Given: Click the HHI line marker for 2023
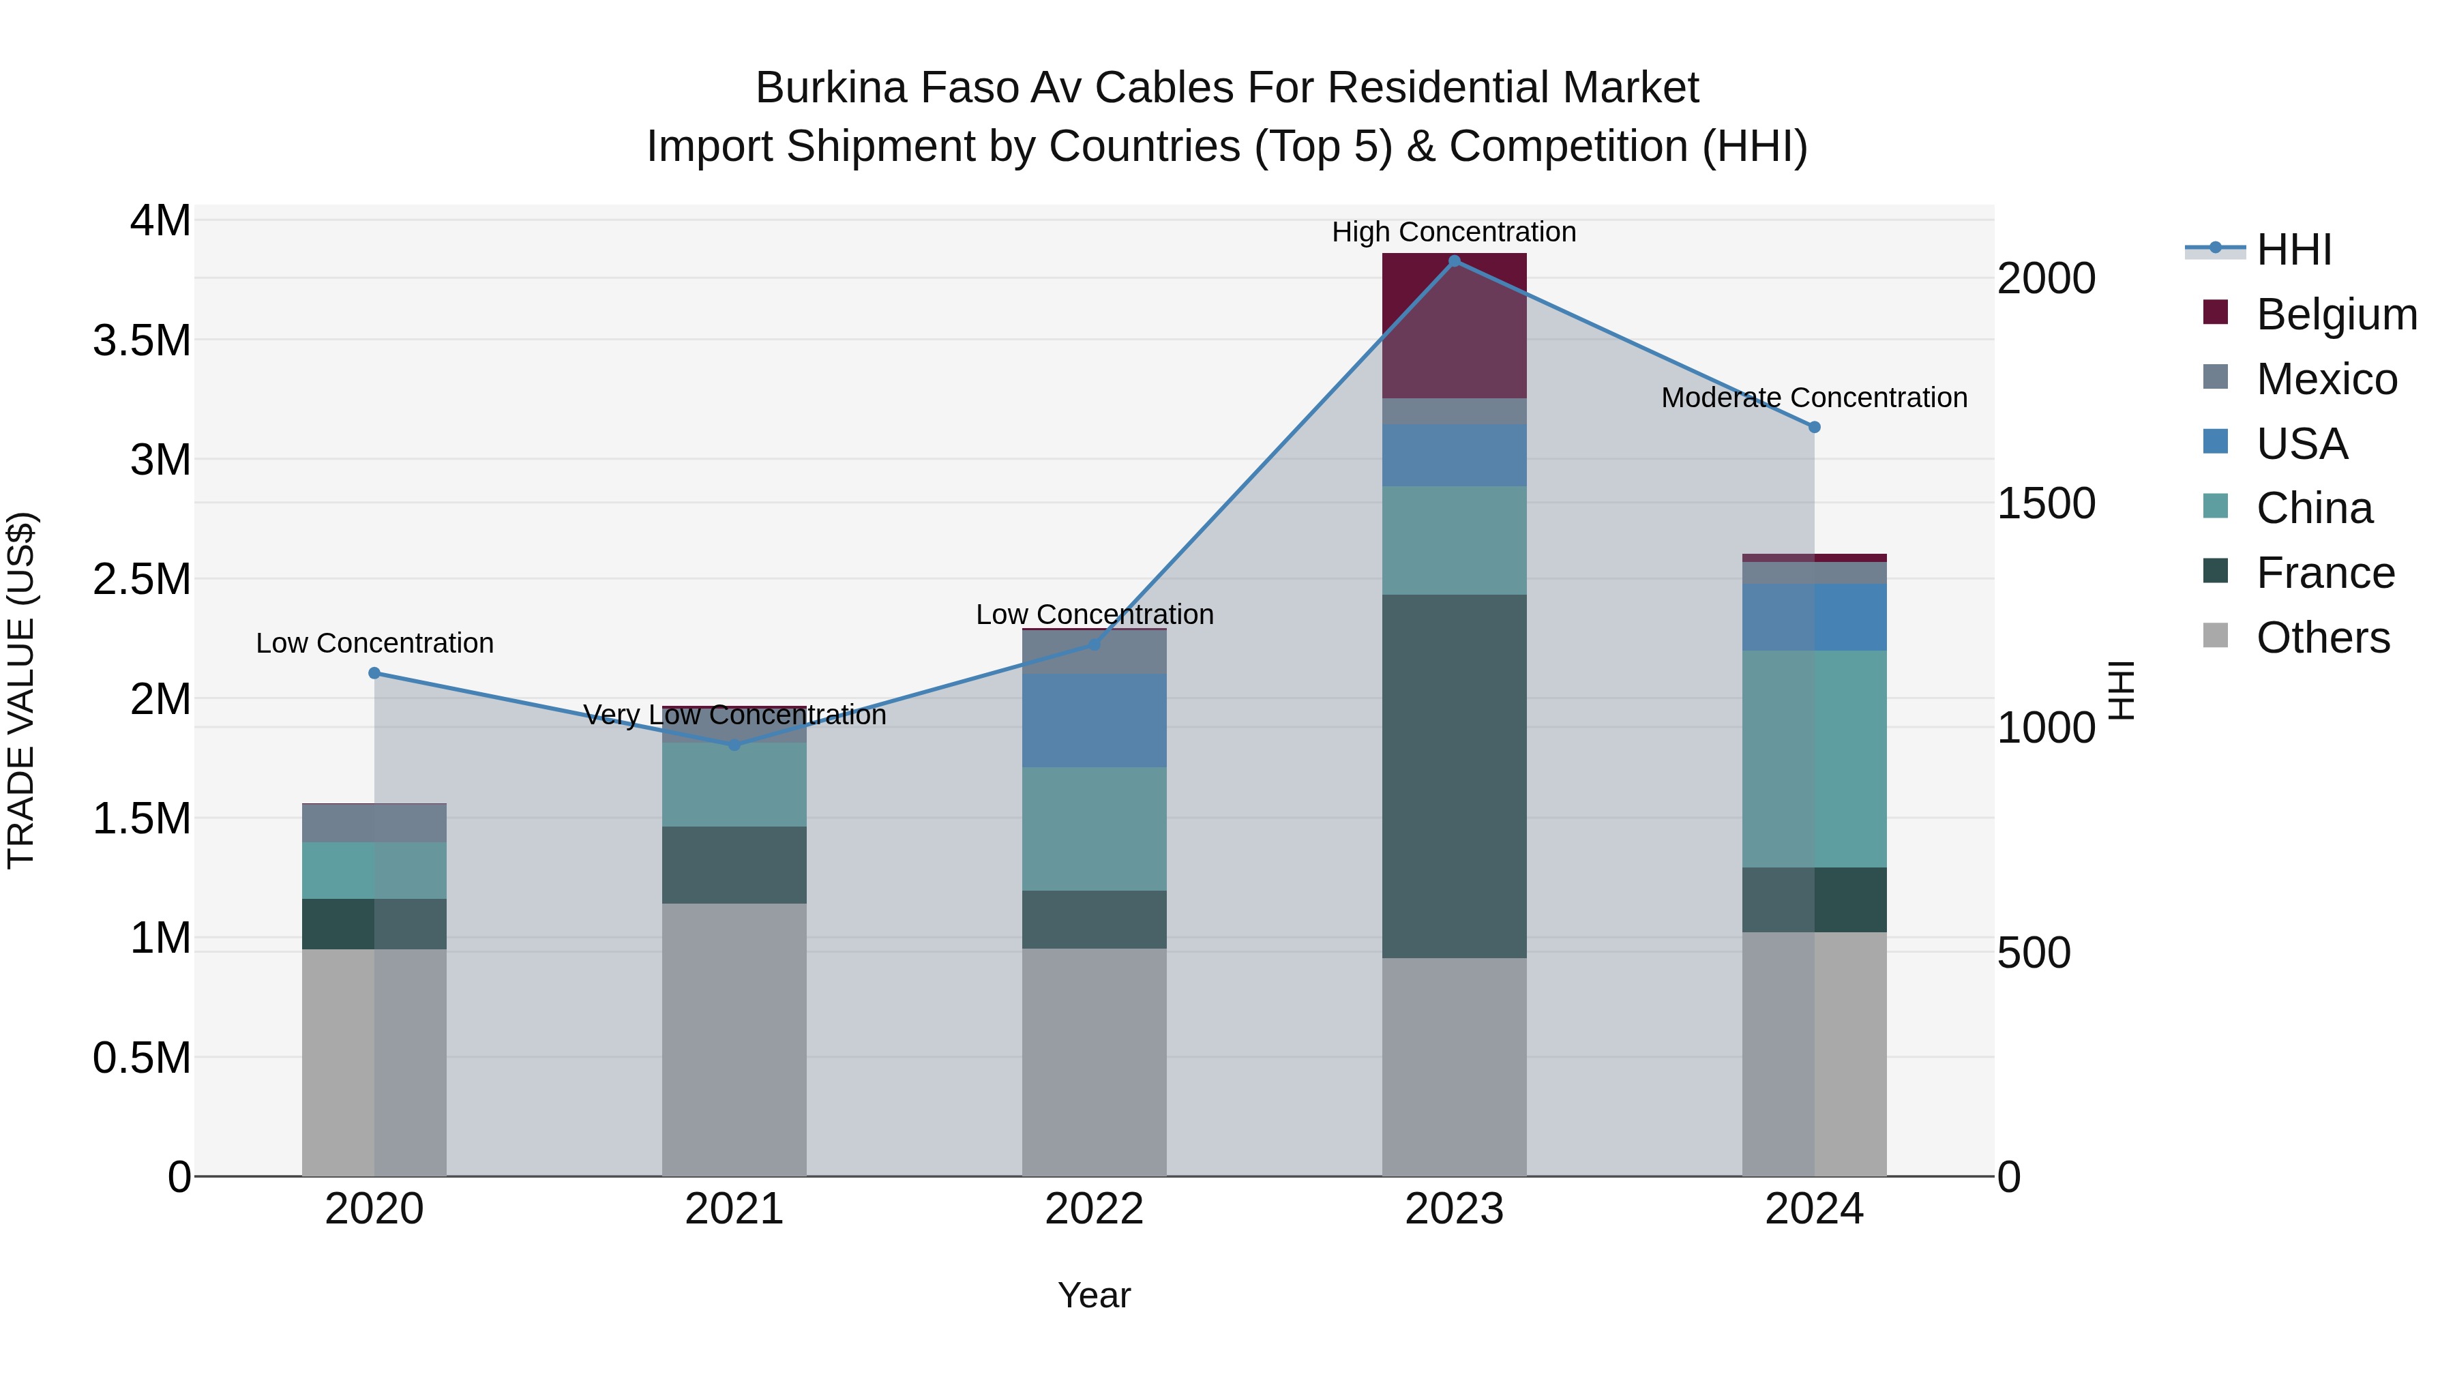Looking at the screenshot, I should [1455, 261].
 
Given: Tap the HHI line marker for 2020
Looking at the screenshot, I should [374, 674].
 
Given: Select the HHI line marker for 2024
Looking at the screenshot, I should [1815, 427].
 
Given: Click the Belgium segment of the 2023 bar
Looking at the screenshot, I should [1455, 326].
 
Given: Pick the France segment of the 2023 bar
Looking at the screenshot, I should [1455, 777].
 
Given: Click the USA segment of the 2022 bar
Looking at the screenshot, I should [1094, 721].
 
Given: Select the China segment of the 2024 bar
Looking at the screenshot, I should [1815, 758].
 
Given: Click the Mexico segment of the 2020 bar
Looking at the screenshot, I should [374, 823].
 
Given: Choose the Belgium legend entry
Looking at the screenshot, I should [2336, 314].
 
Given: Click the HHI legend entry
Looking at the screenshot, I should [2293, 250].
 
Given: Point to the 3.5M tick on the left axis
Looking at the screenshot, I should [142, 340].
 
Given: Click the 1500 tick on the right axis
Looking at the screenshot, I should [2045, 503].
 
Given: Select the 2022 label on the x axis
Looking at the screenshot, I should [1094, 1209].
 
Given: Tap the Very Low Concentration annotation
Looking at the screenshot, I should [734, 715].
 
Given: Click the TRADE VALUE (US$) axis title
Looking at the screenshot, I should [22, 690].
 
